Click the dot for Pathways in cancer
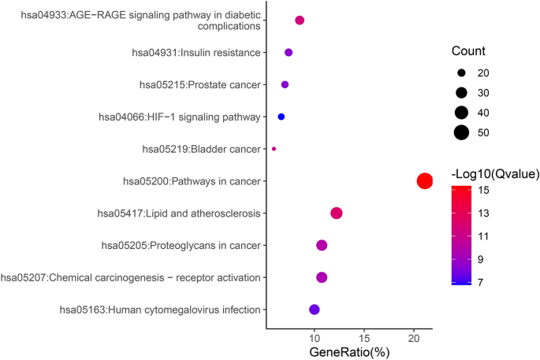(424, 181)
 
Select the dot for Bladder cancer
(274, 149)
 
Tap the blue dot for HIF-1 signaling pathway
(281, 117)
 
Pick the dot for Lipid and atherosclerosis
(337, 213)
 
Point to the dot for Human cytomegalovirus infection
(315, 310)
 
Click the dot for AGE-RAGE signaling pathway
(300, 20)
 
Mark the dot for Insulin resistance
(289, 53)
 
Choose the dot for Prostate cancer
(285, 84)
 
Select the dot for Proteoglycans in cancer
(322, 246)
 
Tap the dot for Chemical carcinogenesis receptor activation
(322, 277)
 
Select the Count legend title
(468, 51)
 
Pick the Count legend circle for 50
(461, 132)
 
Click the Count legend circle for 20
(461, 73)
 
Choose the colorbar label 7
(480, 281)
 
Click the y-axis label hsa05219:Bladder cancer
(201, 149)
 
